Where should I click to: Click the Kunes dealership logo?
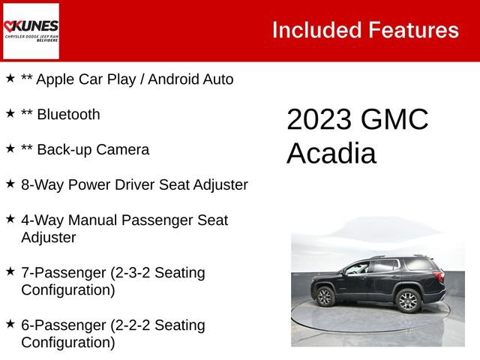click(31, 31)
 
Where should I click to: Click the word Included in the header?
click(315, 30)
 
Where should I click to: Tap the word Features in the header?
click(412, 30)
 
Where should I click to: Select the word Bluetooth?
click(68, 115)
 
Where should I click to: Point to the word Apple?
click(56, 79)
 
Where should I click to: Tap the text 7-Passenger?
click(64, 273)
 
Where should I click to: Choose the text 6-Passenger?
click(64, 325)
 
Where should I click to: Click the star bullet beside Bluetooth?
click(10, 113)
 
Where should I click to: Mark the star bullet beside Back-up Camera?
click(10, 148)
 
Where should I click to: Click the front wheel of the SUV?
click(325, 296)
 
